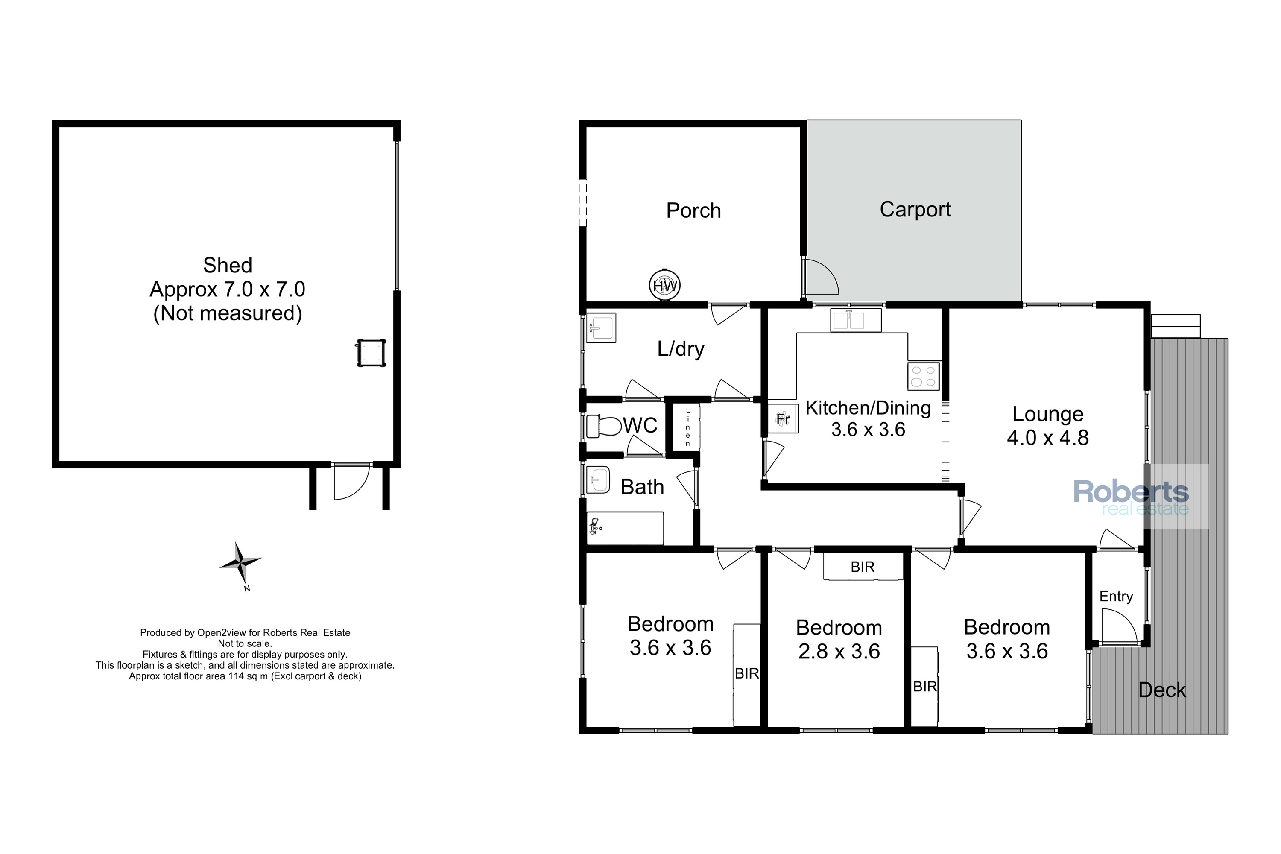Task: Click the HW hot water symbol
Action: click(664, 285)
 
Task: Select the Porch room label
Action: click(693, 211)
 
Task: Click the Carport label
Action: click(915, 210)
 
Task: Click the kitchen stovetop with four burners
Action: click(924, 376)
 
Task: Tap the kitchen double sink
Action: click(856, 320)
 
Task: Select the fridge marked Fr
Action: click(783, 418)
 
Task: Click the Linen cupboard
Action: click(687, 427)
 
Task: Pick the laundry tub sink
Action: click(601, 328)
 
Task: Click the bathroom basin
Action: click(598, 480)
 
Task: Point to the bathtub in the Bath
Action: click(625, 528)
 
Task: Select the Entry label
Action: click(1116, 597)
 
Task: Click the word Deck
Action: click(1162, 690)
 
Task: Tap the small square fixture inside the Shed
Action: click(371, 353)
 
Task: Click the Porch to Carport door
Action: click(820, 277)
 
